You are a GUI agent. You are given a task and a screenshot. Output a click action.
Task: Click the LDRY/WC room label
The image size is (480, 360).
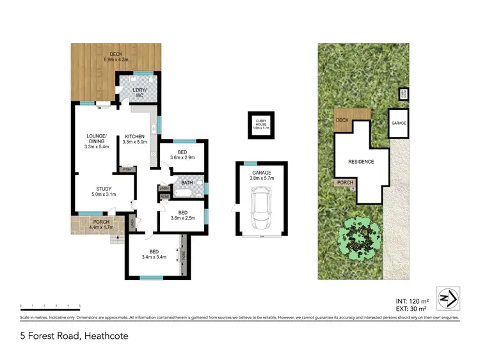pyautogui.click(x=140, y=93)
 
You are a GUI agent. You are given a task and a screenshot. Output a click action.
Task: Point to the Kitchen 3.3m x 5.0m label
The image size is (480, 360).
pyautogui.click(x=136, y=139)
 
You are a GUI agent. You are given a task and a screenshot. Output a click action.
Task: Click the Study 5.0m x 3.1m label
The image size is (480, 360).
pyautogui.click(x=104, y=192)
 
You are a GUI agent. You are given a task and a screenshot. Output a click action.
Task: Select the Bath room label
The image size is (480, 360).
pyautogui.click(x=187, y=183)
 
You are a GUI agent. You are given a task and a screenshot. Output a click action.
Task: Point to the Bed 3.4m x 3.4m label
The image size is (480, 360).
pyautogui.click(x=154, y=254)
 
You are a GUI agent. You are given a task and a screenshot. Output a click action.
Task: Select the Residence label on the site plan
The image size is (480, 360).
pyautogui.click(x=361, y=162)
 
